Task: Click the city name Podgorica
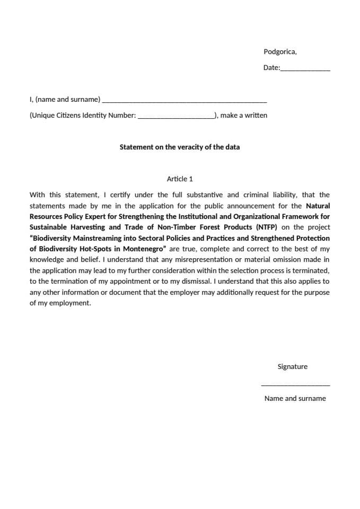click(279, 51)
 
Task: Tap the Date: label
click(271, 68)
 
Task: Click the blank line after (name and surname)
click(184, 101)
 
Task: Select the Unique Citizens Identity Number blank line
click(175, 117)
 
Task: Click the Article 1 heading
click(180, 179)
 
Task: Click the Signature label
click(292, 366)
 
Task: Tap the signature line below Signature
click(295, 385)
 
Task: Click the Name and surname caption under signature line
click(295, 398)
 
